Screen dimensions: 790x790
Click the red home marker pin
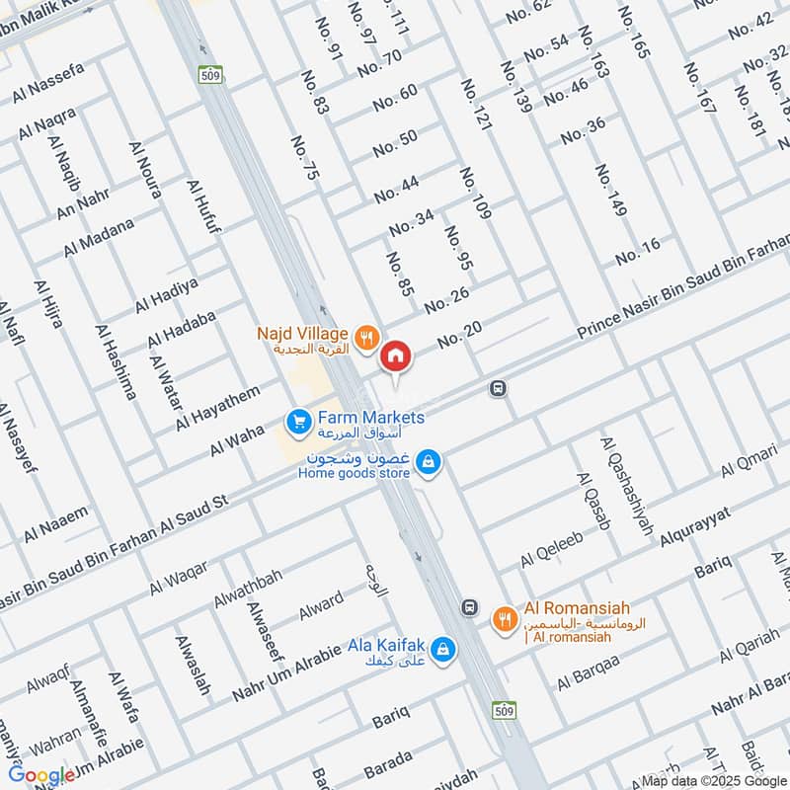[x=395, y=356]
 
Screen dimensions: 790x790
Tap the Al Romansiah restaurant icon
[x=504, y=619]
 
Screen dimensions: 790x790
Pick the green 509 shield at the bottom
[x=502, y=710]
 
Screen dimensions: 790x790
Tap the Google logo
[x=42, y=775]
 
